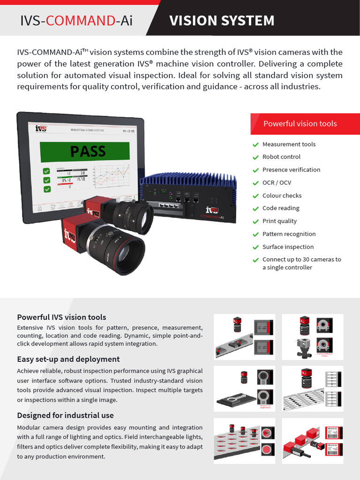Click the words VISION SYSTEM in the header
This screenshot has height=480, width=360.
[222, 21]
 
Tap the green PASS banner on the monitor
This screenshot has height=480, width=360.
[88, 151]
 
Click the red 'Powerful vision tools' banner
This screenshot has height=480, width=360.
[300, 124]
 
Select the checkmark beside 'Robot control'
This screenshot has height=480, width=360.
[255, 157]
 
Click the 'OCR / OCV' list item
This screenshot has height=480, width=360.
[277, 182]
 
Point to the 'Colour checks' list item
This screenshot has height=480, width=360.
[282, 195]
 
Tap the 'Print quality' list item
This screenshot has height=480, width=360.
[279, 221]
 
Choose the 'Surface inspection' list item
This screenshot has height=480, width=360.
[288, 247]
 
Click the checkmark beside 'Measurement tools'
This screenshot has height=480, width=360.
[255, 145]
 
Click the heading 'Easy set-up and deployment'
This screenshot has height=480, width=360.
[68, 359]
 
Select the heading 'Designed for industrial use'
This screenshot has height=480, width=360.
[65, 415]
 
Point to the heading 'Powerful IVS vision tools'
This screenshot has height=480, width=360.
[61, 317]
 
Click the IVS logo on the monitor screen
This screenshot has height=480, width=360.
[41, 128]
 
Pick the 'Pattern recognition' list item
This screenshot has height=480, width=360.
[289, 234]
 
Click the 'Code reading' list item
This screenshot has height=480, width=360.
[281, 208]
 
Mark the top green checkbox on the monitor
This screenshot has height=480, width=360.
[46, 171]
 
